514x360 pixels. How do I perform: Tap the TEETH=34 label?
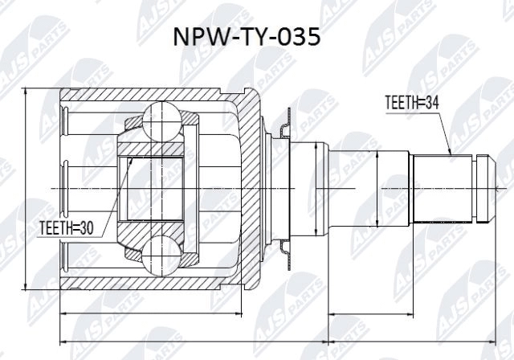pos(409,103)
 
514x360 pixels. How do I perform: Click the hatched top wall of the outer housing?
pos(161,95)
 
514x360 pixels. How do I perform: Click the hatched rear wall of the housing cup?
pos(255,189)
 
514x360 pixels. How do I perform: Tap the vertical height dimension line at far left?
pos(27,189)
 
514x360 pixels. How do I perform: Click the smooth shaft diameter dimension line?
pos(377,189)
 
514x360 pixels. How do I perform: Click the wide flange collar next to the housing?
pos(310,189)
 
